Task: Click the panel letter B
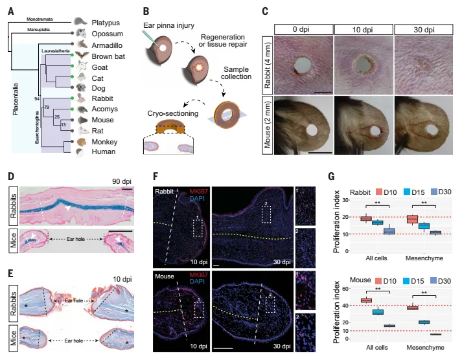click(146, 10)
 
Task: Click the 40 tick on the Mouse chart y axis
click(338, 305)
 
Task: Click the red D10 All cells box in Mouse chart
click(365, 300)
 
